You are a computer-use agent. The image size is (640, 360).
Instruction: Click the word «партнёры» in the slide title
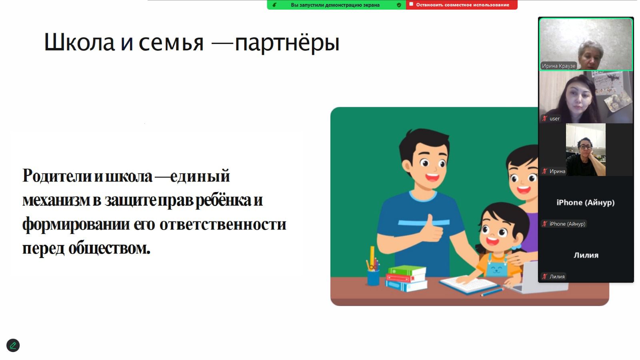tap(287, 43)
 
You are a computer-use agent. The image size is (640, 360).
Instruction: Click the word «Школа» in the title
tap(79, 42)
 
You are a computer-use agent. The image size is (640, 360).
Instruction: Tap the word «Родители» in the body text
tap(57, 176)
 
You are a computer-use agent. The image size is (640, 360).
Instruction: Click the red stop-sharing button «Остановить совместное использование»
tap(462, 5)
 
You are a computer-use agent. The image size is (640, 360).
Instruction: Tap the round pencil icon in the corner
tap(13, 346)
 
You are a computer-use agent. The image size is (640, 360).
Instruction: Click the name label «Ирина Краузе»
tap(558, 66)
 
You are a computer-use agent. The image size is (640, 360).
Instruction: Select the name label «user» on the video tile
tap(554, 118)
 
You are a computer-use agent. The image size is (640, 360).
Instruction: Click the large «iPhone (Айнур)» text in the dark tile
tap(586, 202)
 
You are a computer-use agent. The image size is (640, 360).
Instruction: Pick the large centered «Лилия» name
tap(586, 255)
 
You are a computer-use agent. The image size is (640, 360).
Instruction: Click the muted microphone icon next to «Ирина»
tap(544, 171)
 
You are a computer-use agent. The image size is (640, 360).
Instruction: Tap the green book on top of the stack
tap(407, 270)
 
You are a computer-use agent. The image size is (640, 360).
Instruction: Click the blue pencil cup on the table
tap(373, 278)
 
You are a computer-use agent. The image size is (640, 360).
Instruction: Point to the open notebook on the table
tap(468, 284)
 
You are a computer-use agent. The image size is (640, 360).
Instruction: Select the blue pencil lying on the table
tap(492, 292)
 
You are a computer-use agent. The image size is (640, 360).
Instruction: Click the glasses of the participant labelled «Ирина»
tap(585, 147)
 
